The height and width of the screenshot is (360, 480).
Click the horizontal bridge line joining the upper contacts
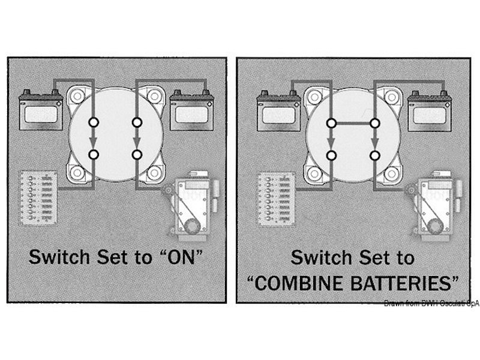click(352, 123)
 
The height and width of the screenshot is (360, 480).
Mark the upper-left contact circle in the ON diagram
click(94, 123)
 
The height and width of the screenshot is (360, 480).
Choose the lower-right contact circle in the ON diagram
click(137, 155)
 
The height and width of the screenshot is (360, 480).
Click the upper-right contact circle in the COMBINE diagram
click(374, 123)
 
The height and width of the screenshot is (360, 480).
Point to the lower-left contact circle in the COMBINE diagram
click(331, 155)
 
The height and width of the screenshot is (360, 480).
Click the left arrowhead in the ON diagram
click(94, 143)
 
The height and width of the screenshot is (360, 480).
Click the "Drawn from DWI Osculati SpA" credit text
click(431, 302)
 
